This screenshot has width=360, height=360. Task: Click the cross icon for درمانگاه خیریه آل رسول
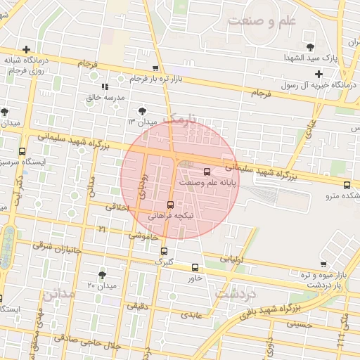[319, 73]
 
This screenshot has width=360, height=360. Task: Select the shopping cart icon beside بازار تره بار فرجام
[155, 68]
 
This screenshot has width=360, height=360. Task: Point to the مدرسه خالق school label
[104, 97]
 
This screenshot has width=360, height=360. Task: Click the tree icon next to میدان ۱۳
[143, 110]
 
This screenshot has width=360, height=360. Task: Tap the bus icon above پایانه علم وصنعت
[207, 171]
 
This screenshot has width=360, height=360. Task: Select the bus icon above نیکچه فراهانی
[170, 205]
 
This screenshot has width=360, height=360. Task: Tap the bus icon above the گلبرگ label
[164, 251]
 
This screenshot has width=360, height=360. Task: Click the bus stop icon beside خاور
[195, 267]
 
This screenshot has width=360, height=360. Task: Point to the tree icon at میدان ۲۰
[103, 274]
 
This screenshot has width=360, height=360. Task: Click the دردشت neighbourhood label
[234, 294]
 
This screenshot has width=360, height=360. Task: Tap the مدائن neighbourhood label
[58, 294]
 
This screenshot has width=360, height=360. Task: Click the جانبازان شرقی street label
[58, 249]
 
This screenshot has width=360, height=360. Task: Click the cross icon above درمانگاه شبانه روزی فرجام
[26, 49]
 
